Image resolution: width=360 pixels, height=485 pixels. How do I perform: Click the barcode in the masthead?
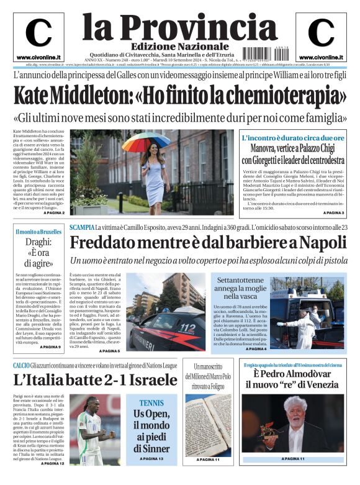point(263,54)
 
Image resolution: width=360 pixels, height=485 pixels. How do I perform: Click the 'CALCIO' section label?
point(21,366)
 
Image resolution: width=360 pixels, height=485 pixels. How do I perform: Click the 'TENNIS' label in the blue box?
point(151,403)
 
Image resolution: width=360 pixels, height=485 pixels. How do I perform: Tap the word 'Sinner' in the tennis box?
point(152,448)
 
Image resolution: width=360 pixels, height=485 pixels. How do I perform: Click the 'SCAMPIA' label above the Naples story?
point(82,228)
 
